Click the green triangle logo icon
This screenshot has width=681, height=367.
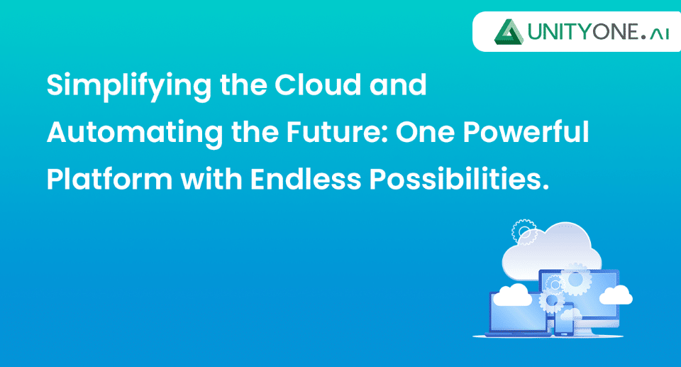click(x=509, y=32)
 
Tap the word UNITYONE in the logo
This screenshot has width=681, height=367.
click(x=584, y=32)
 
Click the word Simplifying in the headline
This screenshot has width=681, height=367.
click(x=129, y=86)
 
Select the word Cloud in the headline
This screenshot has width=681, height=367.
click(x=318, y=84)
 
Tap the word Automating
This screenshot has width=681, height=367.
click(x=135, y=133)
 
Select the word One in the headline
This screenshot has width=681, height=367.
click(x=424, y=132)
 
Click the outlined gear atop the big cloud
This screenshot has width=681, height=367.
click(x=525, y=232)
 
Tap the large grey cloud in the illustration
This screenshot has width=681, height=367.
click(x=552, y=252)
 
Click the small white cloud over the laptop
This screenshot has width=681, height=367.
click(x=512, y=295)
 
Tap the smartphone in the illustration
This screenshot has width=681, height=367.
click(x=564, y=319)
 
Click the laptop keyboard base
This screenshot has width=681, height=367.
click(x=518, y=334)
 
